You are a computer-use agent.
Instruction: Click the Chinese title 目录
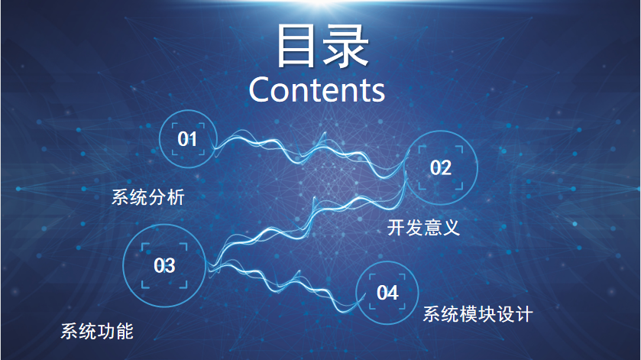coord(322,45)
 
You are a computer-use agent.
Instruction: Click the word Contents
coord(317,89)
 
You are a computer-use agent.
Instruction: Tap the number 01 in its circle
coord(187,139)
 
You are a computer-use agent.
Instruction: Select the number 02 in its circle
coord(440,167)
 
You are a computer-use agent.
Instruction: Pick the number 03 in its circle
coord(164,265)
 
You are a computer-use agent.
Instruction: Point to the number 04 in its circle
coord(387,293)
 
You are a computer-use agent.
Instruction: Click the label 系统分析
coord(148,197)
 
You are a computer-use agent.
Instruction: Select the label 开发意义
coord(423,228)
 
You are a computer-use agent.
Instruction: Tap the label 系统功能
coord(97,331)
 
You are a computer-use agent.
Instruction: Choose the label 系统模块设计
coord(478,314)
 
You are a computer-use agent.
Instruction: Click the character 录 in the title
coord(346,45)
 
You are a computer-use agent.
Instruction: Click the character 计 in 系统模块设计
coord(523,314)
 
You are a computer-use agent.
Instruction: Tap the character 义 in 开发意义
coord(452,228)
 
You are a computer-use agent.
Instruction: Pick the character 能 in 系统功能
coord(125,331)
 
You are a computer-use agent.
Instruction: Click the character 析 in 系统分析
coord(176,197)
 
